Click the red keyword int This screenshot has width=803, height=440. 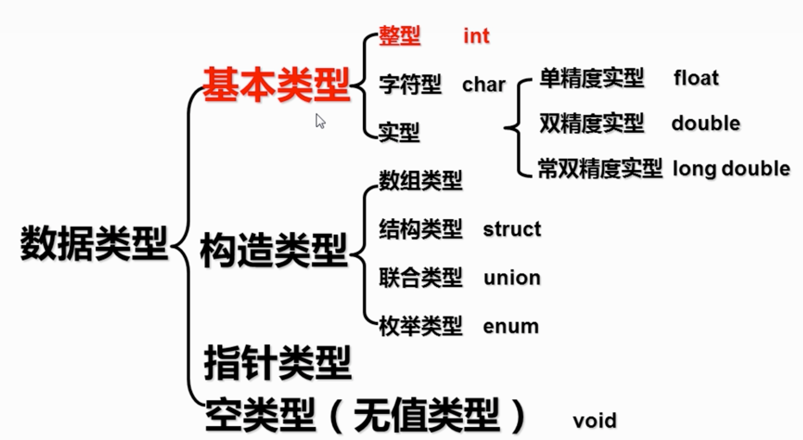click(476, 36)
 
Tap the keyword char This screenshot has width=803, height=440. click(483, 85)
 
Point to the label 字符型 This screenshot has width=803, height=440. click(410, 85)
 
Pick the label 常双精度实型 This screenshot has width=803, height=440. click(600, 169)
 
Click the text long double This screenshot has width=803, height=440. click(731, 169)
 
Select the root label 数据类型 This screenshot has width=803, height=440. click(94, 243)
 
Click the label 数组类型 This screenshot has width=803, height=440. click(421, 180)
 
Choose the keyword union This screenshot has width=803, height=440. click(512, 278)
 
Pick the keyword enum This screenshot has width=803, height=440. click(511, 327)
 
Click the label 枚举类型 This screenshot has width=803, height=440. click(421, 326)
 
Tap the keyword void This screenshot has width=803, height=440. click(595, 420)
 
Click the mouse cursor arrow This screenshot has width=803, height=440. click(320, 121)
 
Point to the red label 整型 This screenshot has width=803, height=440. click(399, 36)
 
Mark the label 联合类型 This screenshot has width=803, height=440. click(421, 278)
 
